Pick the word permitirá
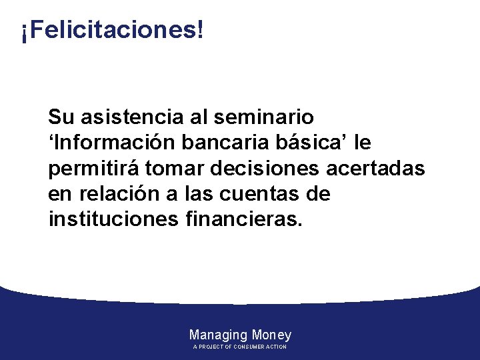pyautogui.click(x=94, y=169)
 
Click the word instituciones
pyautogui.click(x=111, y=219)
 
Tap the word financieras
pyautogui.click(x=242, y=219)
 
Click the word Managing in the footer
pyautogui.click(x=218, y=335)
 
